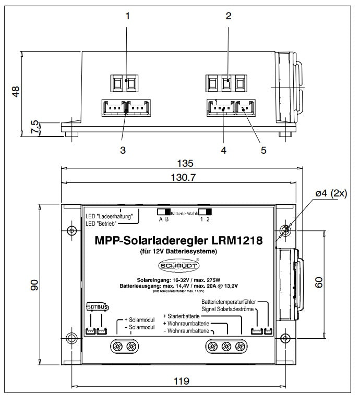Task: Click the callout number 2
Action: [x=227, y=16]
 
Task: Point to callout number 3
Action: [x=123, y=150]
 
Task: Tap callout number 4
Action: [x=223, y=150]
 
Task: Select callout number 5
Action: [x=263, y=150]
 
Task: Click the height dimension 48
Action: [x=16, y=91]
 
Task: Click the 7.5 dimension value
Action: [x=34, y=128]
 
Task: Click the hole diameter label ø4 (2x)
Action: [x=330, y=194]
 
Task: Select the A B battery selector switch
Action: [x=164, y=212]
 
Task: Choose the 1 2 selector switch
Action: [x=209, y=212]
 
